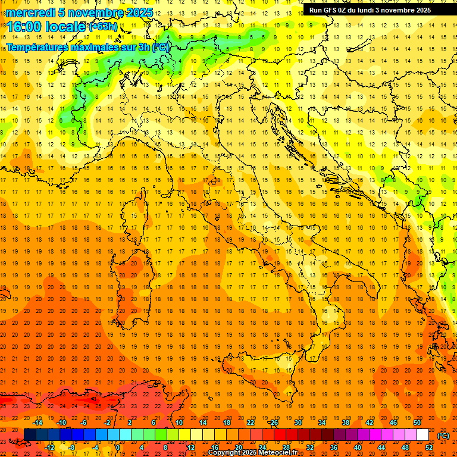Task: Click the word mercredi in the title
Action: click(x=30, y=12)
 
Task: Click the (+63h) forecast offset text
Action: click(x=102, y=27)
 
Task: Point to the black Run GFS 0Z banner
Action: click(x=375, y=10)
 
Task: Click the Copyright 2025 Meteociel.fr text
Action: click(x=252, y=453)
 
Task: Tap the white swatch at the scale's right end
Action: click(x=422, y=435)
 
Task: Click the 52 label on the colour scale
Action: click(x=429, y=447)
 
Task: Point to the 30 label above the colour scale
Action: click(x=298, y=422)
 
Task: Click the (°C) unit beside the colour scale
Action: click(x=443, y=436)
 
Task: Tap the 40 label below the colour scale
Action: click(x=358, y=447)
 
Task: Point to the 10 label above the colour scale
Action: click(x=179, y=422)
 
